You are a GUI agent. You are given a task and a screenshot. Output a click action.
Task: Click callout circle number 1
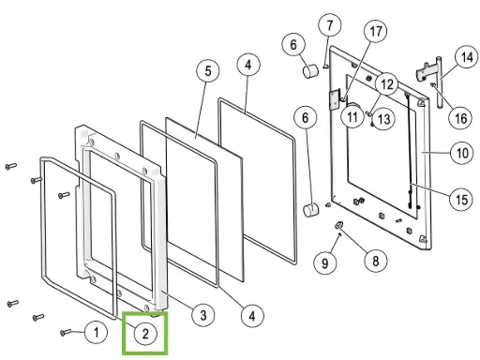point(95,331)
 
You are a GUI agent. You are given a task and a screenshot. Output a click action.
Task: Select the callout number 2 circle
point(146,333)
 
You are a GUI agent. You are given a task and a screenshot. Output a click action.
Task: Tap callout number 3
point(200,315)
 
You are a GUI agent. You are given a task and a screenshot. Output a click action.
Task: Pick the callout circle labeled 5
point(206,70)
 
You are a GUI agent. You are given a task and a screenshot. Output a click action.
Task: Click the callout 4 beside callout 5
point(247,66)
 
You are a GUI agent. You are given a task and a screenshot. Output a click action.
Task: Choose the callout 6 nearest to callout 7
point(292,44)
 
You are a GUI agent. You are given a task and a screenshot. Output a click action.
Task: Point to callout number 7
point(329,23)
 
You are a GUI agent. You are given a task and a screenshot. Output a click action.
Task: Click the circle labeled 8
point(374,259)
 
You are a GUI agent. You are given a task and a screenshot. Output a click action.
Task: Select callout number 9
point(325,263)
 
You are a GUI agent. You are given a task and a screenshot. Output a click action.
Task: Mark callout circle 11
point(352,118)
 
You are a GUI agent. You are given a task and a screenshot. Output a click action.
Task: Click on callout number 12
point(387,85)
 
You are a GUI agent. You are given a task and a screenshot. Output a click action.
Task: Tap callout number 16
point(459,118)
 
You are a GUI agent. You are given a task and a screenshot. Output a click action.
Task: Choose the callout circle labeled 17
point(376,31)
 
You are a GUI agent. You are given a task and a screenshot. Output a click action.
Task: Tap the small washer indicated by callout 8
point(339,226)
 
